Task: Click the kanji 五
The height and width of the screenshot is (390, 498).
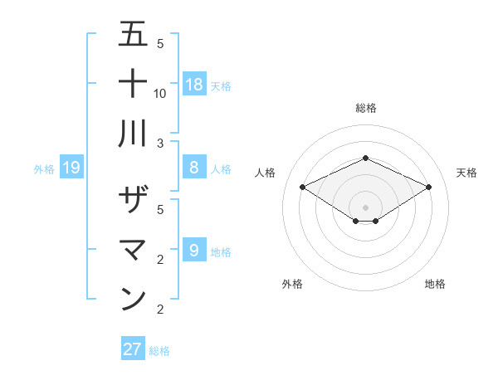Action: tap(134, 35)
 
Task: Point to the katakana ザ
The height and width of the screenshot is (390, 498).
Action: tap(134, 200)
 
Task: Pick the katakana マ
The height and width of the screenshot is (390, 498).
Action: tap(134, 250)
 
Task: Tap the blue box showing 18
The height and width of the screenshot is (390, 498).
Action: tap(194, 84)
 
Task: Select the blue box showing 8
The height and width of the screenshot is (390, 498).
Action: tap(194, 167)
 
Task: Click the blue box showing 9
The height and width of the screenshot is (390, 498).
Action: tap(194, 250)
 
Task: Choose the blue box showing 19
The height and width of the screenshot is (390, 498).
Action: tap(71, 168)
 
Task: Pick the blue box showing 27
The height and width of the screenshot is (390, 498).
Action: tap(133, 349)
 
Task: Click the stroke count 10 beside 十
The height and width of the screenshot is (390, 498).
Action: tap(160, 93)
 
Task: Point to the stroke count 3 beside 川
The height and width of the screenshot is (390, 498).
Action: tap(160, 142)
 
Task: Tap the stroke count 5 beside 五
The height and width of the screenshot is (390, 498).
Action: tap(160, 44)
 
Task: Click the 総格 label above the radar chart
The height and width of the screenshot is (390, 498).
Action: tap(365, 108)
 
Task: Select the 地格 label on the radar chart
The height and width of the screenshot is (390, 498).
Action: tap(435, 284)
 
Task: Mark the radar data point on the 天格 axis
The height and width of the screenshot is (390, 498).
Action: tap(428, 187)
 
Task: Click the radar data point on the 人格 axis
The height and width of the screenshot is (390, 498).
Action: tap(302, 187)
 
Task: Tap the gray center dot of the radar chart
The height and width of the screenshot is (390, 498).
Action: tap(365, 207)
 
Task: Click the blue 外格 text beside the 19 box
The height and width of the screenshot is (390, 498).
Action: tap(44, 169)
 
